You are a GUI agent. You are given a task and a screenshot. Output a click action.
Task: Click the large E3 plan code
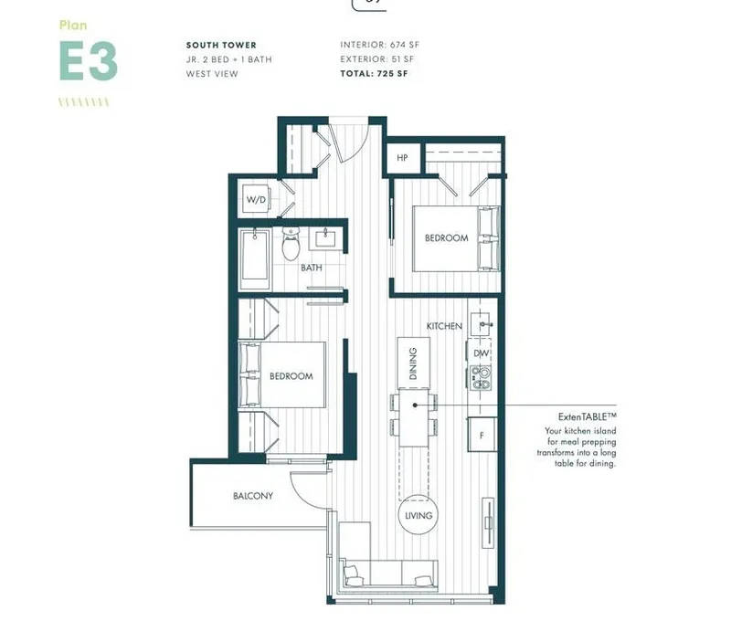(x=88, y=61)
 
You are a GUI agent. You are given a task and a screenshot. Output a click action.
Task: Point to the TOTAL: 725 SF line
(x=374, y=73)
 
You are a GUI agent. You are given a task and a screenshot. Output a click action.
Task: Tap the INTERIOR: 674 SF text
(x=380, y=44)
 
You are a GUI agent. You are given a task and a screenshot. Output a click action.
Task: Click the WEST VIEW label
(x=212, y=73)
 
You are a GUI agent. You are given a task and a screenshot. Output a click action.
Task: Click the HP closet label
(x=402, y=157)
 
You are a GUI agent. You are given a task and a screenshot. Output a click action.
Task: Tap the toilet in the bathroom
(x=291, y=244)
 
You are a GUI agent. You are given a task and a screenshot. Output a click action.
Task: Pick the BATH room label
(x=312, y=268)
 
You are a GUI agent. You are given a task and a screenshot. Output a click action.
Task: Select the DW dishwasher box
(x=482, y=353)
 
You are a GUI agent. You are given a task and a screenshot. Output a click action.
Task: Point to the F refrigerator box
(x=481, y=434)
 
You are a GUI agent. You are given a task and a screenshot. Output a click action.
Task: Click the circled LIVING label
(x=418, y=515)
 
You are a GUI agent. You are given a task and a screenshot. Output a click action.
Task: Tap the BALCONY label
(x=252, y=496)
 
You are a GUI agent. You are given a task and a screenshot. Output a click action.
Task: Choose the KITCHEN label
(x=444, y=326)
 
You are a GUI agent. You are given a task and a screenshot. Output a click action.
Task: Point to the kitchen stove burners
(x=481, y=377)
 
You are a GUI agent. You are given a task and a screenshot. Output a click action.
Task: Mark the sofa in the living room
(x=387, y=575)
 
